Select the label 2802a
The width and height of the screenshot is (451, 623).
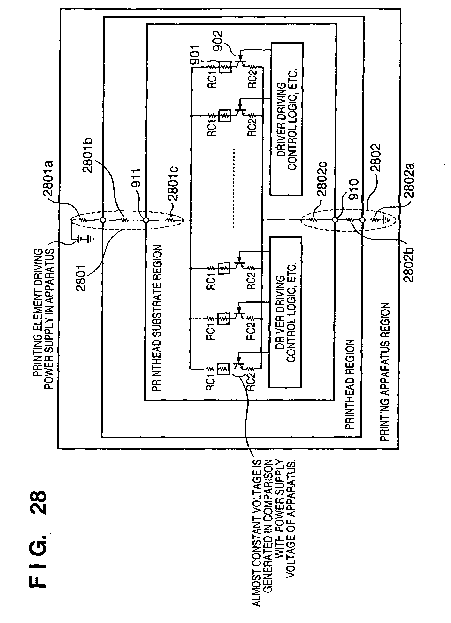pyautogui.click(x=409, y=181)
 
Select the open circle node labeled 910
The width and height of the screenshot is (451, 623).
pyautogui.click(x=335, y=220)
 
